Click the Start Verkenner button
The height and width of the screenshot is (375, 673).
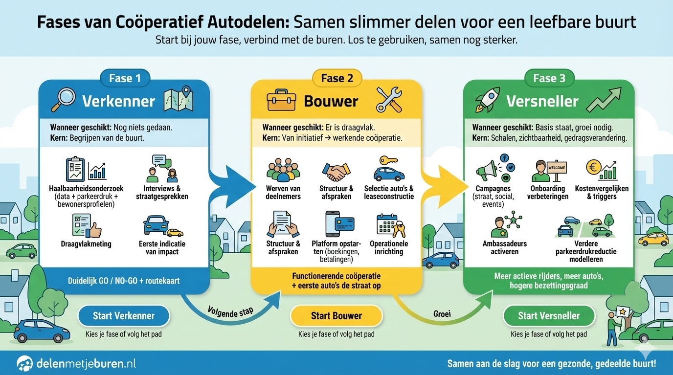[124, 316]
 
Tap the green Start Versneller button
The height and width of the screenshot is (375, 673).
[549, 316]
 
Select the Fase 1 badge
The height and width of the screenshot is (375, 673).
[124, 78]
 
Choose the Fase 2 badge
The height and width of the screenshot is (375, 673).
[336, 78]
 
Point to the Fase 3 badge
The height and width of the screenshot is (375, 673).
[549, 78]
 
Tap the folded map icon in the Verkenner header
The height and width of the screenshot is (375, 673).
[179, 100]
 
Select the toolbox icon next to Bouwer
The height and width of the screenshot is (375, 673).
[281, 100]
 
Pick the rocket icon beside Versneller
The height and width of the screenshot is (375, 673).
[488, 100]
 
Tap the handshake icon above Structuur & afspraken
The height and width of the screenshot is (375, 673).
[336, 172]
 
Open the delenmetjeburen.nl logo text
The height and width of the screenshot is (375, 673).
[86, 363]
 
